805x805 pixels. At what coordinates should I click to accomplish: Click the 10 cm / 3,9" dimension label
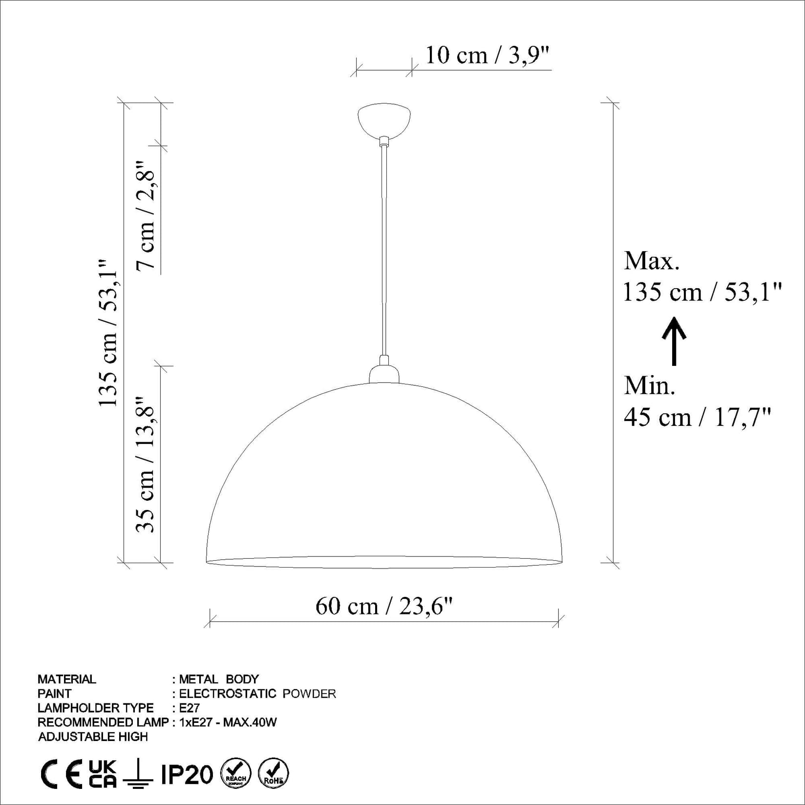tap(487, 55)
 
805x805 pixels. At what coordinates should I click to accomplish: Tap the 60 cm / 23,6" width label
tap(384, 607)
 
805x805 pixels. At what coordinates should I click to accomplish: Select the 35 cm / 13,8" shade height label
tap(146, 464)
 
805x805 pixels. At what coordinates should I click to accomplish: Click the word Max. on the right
tap(652, 261)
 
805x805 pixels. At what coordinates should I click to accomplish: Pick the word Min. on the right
tap(650, 386)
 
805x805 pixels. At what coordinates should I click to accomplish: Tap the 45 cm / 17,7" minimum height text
tap(697, 417)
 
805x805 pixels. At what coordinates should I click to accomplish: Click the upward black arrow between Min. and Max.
tap(674, 341)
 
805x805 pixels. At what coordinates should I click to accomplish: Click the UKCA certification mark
tap(103, 774)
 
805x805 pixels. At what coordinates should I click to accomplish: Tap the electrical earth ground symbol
tap(138, 774)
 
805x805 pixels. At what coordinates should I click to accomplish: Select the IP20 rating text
tap(187, 775)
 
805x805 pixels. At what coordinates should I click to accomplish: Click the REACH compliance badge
tap(236, 774)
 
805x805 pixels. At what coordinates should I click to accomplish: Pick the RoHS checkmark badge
tap(273, 774)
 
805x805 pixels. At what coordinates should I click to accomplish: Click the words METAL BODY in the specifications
tap(218, 679)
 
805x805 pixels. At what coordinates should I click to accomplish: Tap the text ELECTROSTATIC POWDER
tap(257, 694)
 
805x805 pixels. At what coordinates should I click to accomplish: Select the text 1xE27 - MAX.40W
tap(228, 722)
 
